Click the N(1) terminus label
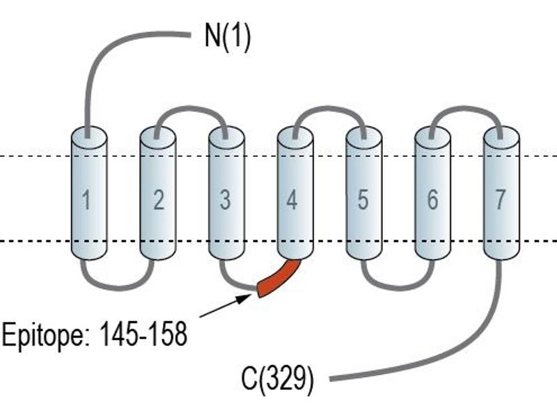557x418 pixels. [228, 36]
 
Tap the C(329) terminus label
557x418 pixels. [277, 378]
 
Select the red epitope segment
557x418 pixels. [279, 279]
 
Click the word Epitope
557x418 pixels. [46, 335]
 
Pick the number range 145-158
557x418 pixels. [143, 334]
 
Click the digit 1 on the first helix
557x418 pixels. [86, 200]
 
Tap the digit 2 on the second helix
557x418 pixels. [159, 200]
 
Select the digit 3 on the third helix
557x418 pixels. [225, 200]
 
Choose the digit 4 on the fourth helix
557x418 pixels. [292, 200]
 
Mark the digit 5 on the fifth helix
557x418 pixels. [363, 200]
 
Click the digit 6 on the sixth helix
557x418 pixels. [432, 200]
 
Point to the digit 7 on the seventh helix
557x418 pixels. [500, 200]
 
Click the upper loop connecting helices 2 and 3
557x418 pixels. [191, 108]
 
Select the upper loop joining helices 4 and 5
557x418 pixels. [329, 108]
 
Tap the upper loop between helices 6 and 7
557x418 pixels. [466, 108]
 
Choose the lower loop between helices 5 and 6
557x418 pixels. [398, 288]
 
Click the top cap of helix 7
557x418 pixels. [501, 137]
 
